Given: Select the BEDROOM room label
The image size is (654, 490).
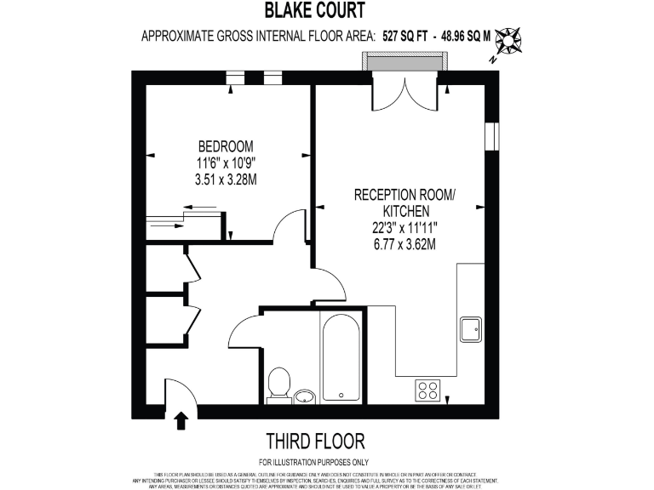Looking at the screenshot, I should (x=226, y=145).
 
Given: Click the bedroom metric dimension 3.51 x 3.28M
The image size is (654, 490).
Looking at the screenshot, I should (x=226, y=179).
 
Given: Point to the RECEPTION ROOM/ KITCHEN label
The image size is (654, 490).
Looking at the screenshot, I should (x=405, y=202).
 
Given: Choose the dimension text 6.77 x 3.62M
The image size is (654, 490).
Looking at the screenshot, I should (x=405, y=245).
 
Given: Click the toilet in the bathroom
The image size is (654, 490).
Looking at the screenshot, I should (x=278, y=385).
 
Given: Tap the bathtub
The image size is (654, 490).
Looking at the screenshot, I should (x=342, y=357).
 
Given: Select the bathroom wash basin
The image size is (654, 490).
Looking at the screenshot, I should (x=305, y=396).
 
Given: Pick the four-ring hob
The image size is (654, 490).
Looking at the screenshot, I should (x=428, y=390).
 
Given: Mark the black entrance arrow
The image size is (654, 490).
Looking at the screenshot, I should (x=181, y=420).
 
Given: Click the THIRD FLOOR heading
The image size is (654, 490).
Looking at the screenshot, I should (x=315, y=441).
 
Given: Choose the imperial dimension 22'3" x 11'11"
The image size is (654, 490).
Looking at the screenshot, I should (x=405, y=228).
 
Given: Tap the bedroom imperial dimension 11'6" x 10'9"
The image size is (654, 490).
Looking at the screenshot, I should (x=226, y=162).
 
